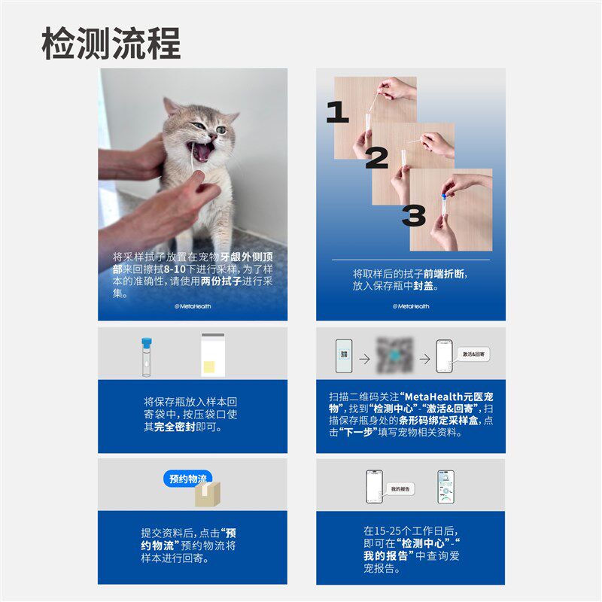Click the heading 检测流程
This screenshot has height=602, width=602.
(111, 43)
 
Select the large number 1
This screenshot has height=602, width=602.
(337, 112)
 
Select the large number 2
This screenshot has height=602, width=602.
(377, 158)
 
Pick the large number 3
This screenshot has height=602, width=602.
(413, 215)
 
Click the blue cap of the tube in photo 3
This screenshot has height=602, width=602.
(445, 196)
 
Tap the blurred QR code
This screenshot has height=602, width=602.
(394, 354)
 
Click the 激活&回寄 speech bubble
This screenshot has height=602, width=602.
(473, 354)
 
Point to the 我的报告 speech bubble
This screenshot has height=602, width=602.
(400, 489)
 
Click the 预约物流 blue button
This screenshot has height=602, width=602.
(187, 479)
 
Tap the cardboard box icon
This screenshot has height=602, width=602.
(208, 494)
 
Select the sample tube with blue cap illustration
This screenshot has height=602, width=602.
(146, 357)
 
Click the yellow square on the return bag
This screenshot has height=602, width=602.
(208, 366)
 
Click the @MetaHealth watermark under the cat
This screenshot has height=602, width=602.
(193, 306)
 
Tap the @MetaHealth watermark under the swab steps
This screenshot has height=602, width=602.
(411, 306)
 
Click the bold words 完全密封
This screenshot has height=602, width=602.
(175, 427)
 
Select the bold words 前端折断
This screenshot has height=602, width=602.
(444, 274)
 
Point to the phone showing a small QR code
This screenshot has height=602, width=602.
(344, 355)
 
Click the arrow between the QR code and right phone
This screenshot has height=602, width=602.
(424, 359)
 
